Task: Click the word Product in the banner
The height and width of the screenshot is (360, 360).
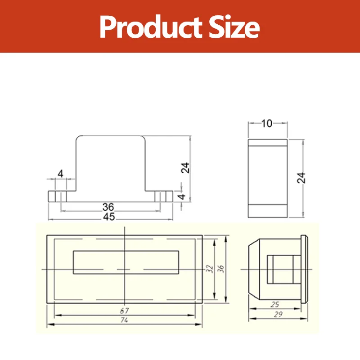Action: click(151, 27)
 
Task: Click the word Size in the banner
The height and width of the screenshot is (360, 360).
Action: click(234, 27)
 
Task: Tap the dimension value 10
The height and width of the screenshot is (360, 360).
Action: click(267, 123)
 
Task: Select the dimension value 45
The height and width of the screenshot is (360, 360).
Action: click(109, 217)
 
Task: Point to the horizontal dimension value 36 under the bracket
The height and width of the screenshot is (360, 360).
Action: click(108, 207)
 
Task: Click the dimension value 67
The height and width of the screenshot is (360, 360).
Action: click(125, 310)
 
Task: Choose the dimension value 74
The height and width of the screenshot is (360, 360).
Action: click(124, 320)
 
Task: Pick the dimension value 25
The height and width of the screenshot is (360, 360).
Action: click(274, 305)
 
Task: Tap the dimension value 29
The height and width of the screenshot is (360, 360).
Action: click(278, 314)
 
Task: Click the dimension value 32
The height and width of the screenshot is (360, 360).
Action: click(209, 269)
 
